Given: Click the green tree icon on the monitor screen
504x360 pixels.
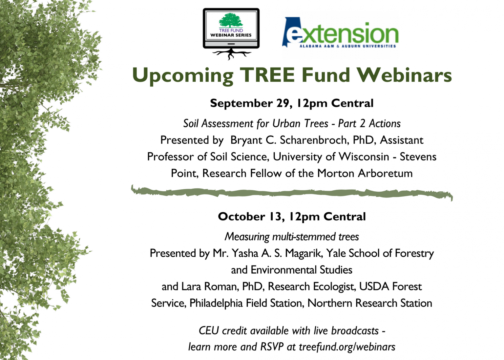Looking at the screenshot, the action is click(231, 20).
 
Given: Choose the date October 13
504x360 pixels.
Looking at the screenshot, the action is click(250, 217).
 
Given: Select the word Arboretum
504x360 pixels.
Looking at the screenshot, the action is click(386, 173).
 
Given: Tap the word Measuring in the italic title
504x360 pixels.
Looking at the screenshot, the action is click(247, 237).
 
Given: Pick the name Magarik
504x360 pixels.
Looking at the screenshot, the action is click(304, 253).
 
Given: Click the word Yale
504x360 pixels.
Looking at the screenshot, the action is click(336, 253).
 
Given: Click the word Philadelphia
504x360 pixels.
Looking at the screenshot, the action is click(216, 303).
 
